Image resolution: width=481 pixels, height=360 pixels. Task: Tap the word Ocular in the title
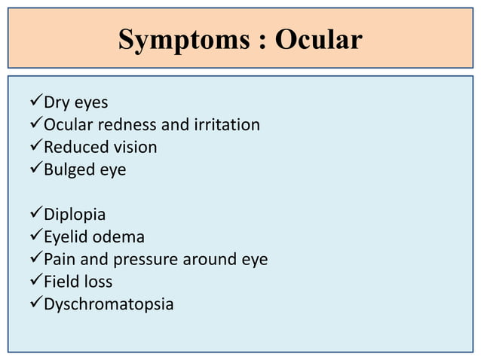click(318, 40)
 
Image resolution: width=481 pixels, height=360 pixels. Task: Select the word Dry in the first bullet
click(57, 102)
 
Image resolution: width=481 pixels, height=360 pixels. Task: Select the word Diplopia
click(75, 215)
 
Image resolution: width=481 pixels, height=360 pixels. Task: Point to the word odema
click(118, 237)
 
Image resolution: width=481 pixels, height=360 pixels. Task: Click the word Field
click(61, 282)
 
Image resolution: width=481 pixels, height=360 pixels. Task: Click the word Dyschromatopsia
click(109, 305)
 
